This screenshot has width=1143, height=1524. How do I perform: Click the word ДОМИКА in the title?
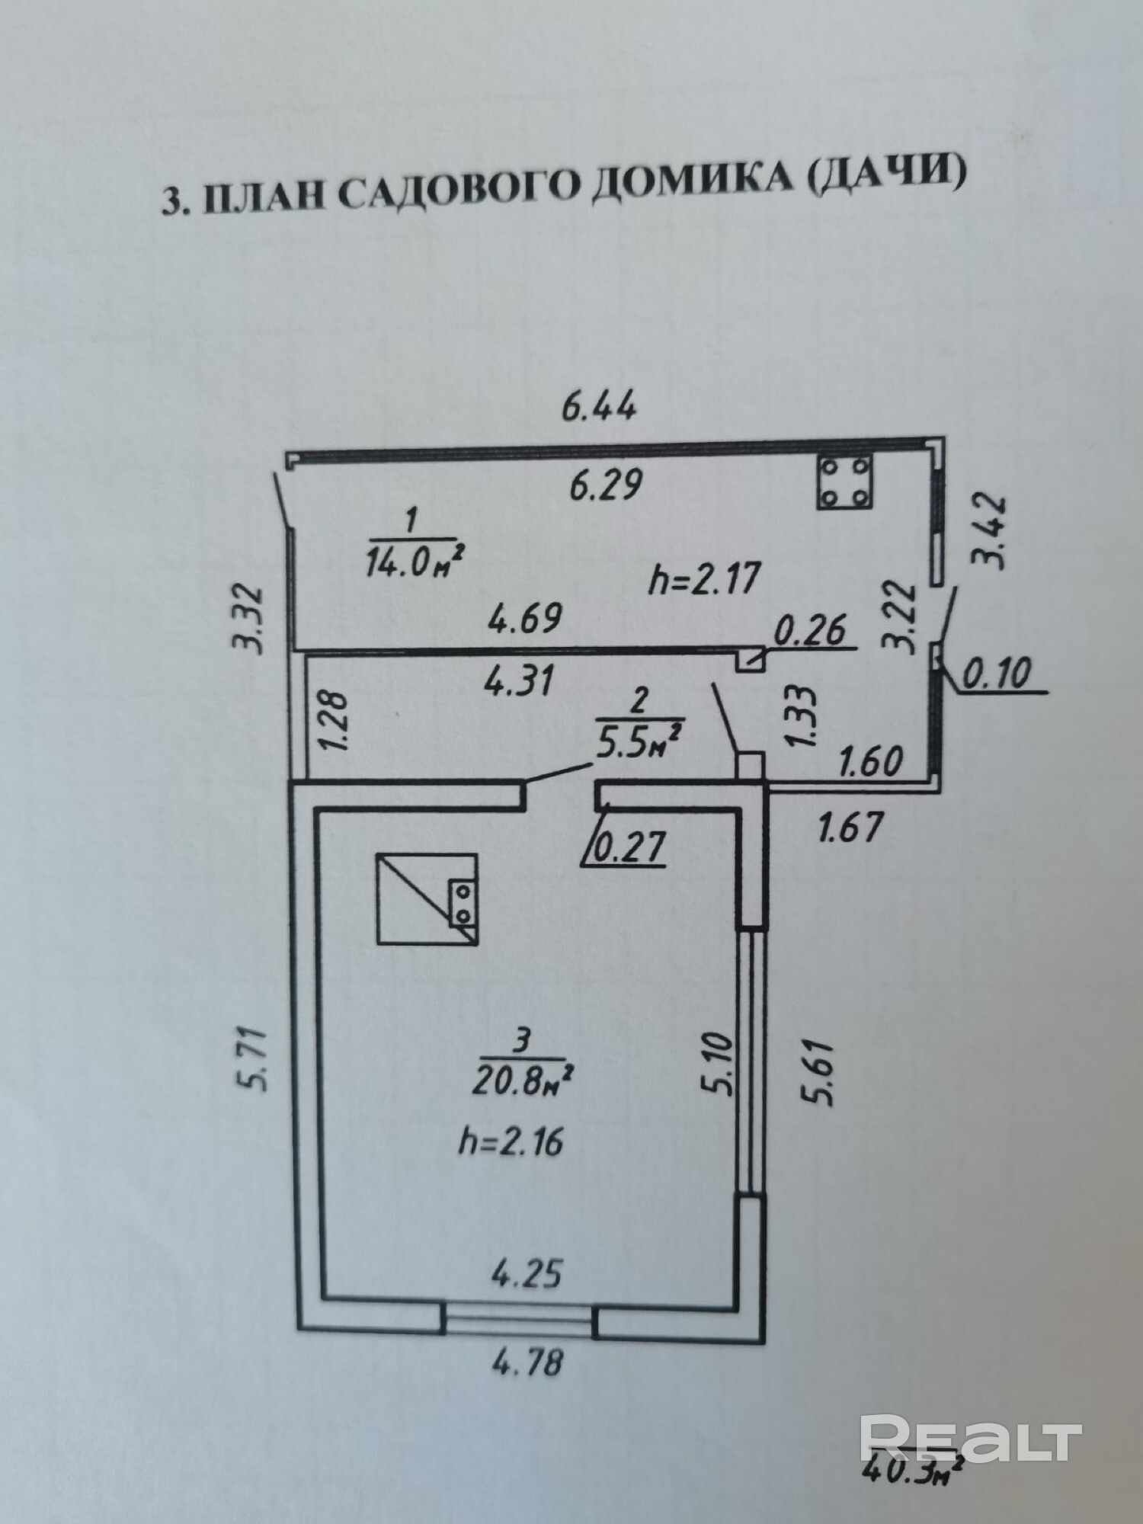tap(690, 190)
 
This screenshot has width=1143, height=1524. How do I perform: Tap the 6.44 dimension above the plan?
tap(599, 408)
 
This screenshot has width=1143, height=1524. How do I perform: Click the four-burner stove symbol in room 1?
tap(844, 482)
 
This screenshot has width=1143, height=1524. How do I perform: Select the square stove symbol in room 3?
tap(427, 899)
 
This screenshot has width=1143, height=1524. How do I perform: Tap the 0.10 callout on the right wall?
tap(997, 674)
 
